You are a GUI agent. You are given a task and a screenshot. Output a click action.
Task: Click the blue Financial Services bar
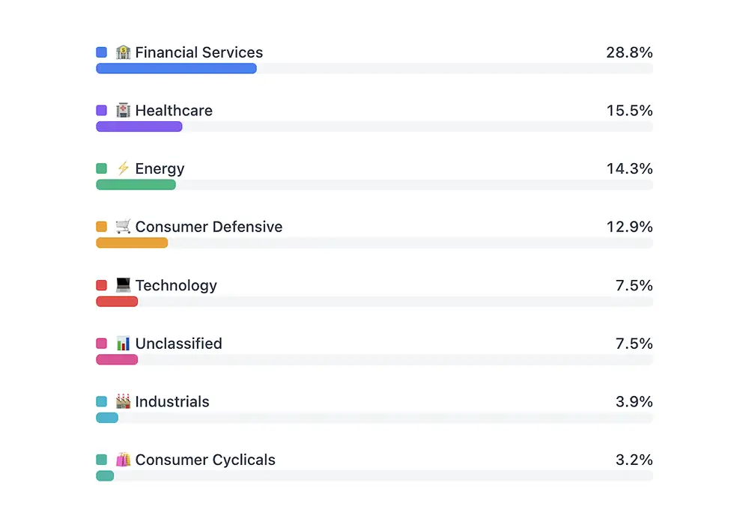tap(176, 68)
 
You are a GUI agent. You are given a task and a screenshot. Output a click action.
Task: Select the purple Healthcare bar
tap(139, 127)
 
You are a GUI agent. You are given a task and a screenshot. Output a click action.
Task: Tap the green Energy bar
tap(136, 185)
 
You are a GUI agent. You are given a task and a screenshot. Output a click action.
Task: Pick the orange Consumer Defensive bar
tap(132, 243)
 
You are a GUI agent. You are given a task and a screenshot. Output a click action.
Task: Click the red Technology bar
tap(117, 302)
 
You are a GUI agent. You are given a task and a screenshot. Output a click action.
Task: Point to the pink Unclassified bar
tap(117, 359)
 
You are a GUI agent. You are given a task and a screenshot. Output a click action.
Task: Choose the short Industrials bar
tap(107, 418)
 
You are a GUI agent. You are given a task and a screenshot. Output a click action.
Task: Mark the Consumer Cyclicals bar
tap(105, 476)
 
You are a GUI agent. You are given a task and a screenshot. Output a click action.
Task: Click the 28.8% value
tap(629, 52)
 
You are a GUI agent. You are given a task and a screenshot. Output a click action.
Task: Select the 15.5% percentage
tap(629, 111)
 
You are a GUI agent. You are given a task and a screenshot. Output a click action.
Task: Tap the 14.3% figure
tap(629, 169)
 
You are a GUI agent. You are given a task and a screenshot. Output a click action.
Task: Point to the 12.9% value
tap(629, 227)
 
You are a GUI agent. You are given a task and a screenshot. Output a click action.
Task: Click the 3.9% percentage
tap(634, 402)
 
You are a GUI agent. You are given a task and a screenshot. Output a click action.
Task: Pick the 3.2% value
tap(634, 460)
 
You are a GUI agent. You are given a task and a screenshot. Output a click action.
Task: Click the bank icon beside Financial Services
tap(124, 52)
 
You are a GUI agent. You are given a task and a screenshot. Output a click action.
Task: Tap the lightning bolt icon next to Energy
tap(124, 168)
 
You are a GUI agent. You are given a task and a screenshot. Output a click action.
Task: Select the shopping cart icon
tap(124, 226)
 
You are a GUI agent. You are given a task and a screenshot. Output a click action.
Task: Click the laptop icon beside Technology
tap(124, 285)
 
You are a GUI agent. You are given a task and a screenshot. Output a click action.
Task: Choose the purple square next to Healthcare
tap(102, 111)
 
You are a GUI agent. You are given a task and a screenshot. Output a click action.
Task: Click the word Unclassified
tap(178, 344)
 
